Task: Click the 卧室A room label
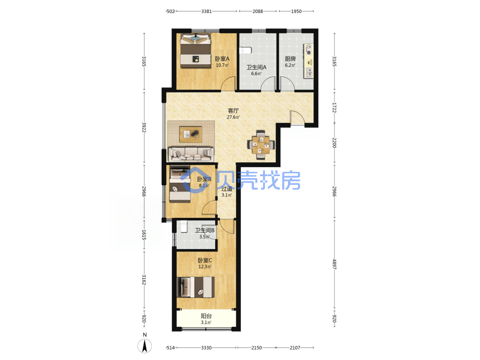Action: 222,59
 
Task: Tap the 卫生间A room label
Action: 256,67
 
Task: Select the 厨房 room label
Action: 290,59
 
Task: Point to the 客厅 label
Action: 233,110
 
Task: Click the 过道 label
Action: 227,189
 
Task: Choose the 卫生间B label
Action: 205,230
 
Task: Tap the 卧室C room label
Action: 205,261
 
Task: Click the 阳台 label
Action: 206,316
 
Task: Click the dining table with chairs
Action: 261,145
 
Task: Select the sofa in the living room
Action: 191,154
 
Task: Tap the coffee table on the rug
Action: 191,134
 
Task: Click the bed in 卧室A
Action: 195,51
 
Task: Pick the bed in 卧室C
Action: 195,287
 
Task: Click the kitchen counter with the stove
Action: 309,60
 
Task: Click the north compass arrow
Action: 144,346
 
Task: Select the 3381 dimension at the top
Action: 206,12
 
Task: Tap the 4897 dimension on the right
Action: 334,264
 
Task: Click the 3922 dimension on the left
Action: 144,127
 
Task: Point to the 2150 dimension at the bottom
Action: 256,348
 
